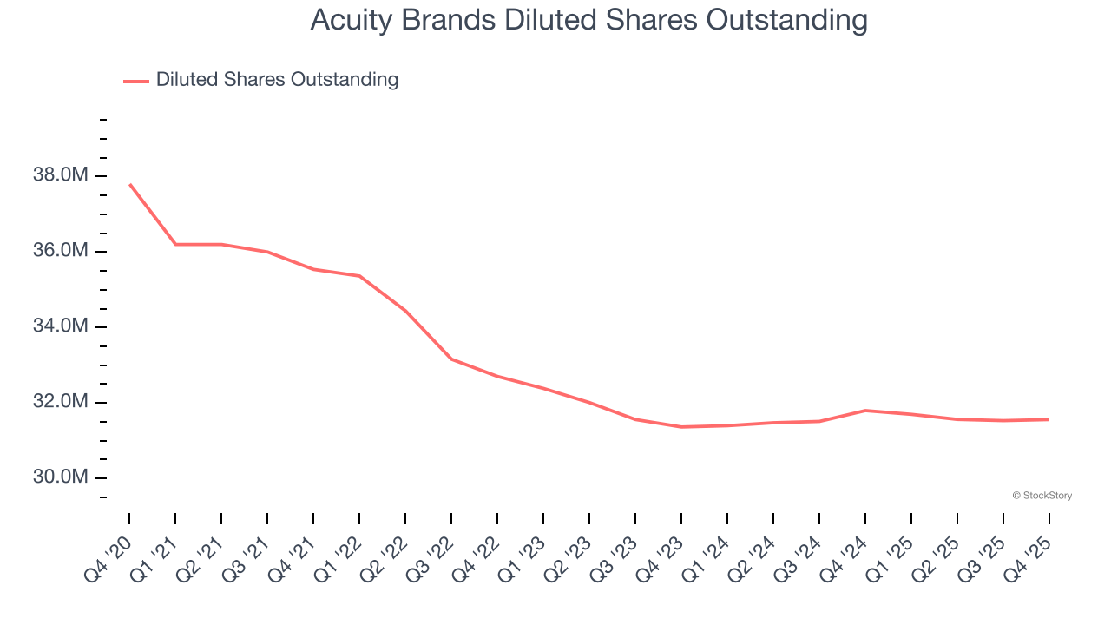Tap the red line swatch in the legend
[135, 81]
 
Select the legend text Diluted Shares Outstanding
[277, 80]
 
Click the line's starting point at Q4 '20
[129, 184]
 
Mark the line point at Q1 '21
[175, 244]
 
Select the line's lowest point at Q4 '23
[681, 427]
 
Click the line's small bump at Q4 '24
[865, 411]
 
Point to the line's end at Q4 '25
[1049, 419]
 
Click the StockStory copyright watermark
[1042, 496]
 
